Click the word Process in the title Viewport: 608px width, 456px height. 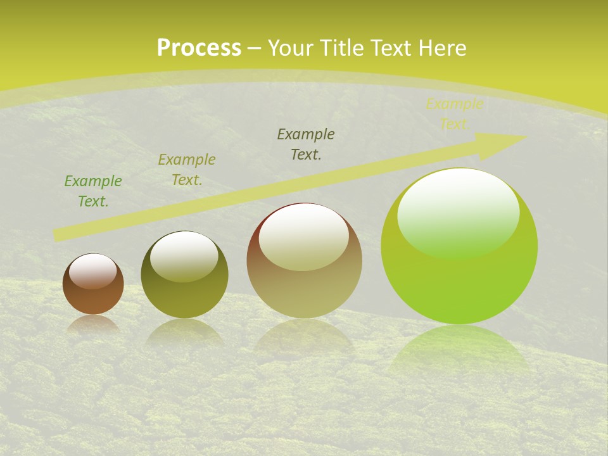(x=199, y=48)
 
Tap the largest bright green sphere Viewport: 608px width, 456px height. (x=459, y=279)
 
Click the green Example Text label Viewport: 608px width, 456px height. (x=93, y=191)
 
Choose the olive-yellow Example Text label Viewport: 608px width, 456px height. (x=187, y=170)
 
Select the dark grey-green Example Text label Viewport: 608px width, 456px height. (x=306, y=144)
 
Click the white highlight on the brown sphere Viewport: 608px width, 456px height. (x=93, y=272)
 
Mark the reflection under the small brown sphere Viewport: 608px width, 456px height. (x=93, y=323)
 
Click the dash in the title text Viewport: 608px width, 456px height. (x=255, y=48)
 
